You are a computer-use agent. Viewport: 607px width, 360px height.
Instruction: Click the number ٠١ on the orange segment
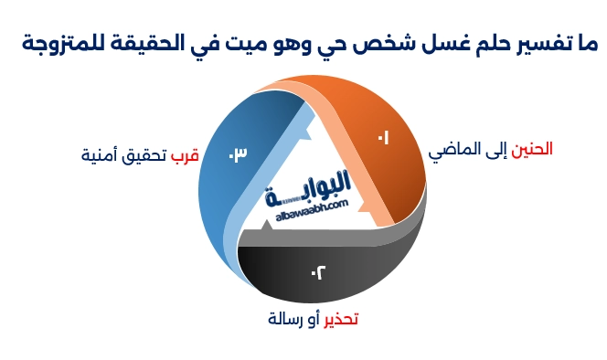[x=382, y=138]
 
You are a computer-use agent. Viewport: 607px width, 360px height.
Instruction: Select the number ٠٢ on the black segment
[x=318, y=271]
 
